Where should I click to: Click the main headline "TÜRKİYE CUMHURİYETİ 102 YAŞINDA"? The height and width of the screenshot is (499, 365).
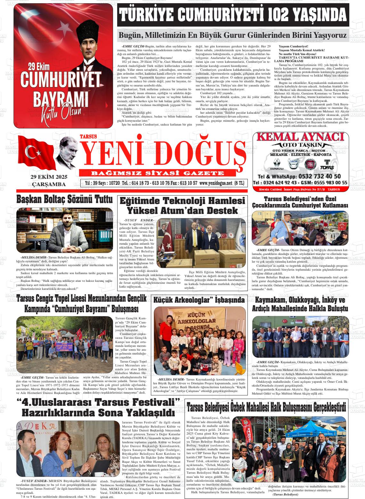tap(232, 15)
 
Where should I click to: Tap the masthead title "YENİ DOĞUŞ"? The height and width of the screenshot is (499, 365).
tap(162, 152)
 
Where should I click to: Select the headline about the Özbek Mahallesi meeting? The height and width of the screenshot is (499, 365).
tap(266, 408)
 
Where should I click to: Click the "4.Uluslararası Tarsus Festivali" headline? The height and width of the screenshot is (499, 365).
tap(98, 407)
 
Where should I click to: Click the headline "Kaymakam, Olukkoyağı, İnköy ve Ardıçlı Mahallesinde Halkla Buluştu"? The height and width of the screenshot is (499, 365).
tap(300, 305)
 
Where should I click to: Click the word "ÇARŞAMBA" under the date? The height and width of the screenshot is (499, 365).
tap(49, 184)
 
